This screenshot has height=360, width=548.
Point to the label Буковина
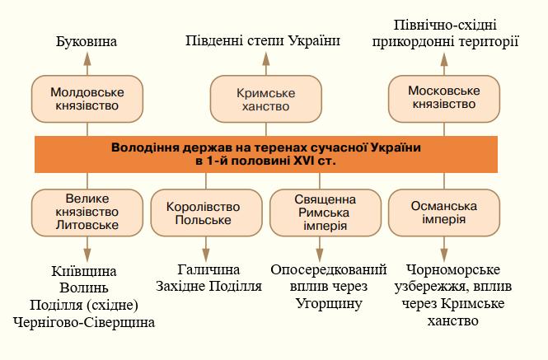click(x=87, y=41)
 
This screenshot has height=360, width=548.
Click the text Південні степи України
click(x=263, y=40)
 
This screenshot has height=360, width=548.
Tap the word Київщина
click(x=85, y=271)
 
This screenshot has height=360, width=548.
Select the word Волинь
click(x=85, y=288)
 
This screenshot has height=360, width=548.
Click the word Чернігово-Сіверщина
click(x=85, y=322)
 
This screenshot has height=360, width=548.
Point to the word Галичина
click(x=208, y=270)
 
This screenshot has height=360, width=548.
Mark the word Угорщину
click(x=329, y=303)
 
